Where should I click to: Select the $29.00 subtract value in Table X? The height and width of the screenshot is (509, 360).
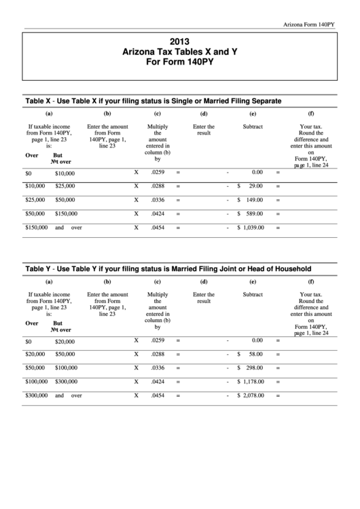(254, 186)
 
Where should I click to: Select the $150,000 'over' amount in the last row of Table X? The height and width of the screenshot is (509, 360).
(36, 227)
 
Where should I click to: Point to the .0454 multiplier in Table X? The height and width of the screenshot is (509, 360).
(158, 227)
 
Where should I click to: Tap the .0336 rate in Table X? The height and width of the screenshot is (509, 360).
(158, 200)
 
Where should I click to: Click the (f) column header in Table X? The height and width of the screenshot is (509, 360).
(311, 113)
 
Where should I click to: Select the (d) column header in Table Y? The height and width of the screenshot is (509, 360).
(204, 281)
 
